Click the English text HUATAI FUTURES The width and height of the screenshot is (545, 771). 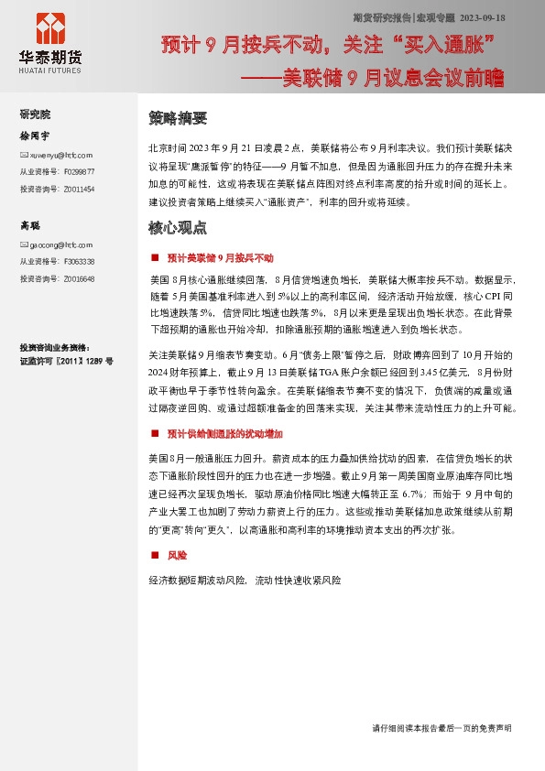click(x=49, y=71)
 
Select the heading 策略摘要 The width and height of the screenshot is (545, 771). click(x=178, y=118)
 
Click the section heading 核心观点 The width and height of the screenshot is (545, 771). click(x=178, y=227)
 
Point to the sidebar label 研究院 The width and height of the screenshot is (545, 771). click(x=35, y=114)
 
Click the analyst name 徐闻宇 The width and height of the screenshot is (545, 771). click(x=35, y=136)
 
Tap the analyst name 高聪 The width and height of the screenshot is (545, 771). click(x=30, y=225)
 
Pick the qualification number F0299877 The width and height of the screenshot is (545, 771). click(x=80, y=171)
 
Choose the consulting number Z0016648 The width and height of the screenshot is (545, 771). click(x=80, y=278)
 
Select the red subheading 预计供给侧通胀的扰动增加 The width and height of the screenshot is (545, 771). click(x=225, y=433)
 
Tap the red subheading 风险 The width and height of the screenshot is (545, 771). click(x=177, y=555)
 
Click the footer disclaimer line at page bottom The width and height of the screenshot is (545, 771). click(x=441, y=727)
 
